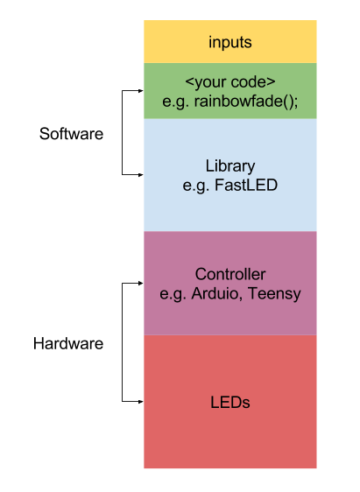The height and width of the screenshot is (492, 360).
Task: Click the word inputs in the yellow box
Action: pos(230,42)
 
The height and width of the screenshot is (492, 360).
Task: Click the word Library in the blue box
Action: pos(230,165)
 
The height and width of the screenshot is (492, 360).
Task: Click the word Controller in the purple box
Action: pos(230,275)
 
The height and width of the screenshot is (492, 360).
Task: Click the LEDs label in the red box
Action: pos(230,403)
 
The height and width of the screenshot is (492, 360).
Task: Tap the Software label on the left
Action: pos(71,135)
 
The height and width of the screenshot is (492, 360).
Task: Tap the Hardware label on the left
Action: pos(68,344)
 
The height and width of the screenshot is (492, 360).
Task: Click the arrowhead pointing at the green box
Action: pos(138,90)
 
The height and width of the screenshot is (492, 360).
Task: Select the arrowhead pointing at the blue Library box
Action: pos(138,174)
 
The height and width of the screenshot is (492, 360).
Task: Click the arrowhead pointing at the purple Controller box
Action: pos(138,284)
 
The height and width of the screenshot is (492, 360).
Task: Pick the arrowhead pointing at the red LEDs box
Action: pos(138,402)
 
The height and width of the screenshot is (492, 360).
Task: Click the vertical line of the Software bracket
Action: pos(122,131)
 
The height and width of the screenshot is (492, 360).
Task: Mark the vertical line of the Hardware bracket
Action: pos(122,343)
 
